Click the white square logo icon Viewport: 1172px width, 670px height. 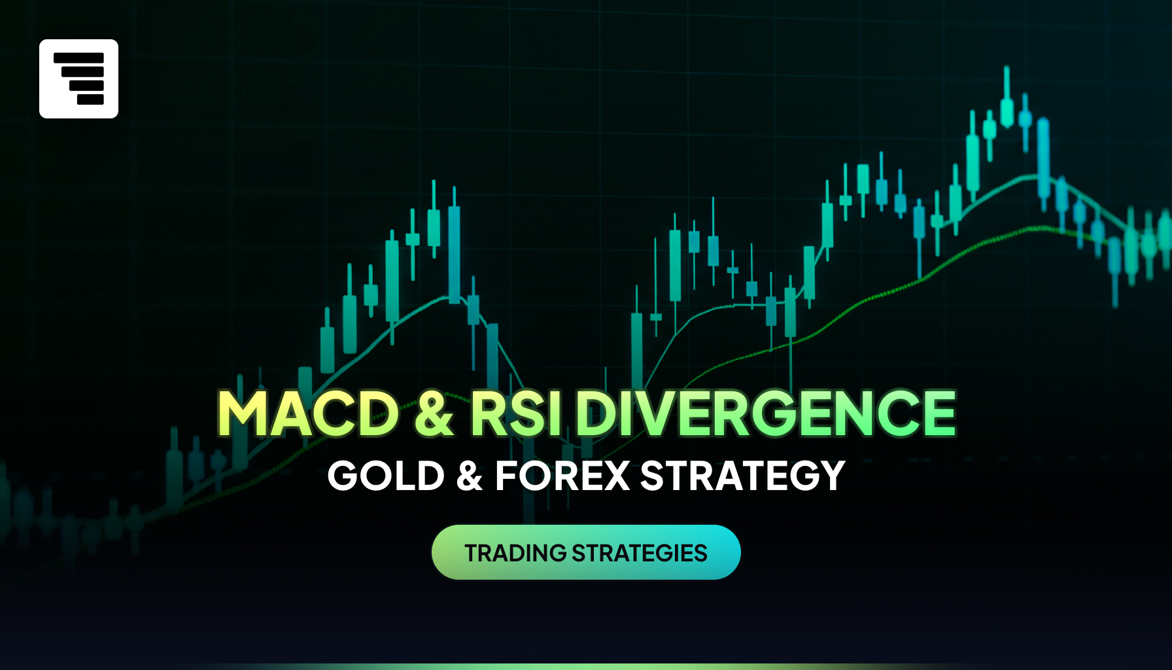tap(78, 79)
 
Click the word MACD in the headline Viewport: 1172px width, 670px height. tap(308, 413)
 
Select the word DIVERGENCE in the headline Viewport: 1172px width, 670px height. tap(766, 413)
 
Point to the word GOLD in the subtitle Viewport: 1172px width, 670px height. tap(386, 476)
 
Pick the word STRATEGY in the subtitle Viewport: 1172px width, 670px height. tap(743, 476)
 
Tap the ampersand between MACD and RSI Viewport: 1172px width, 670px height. tap(434, 413)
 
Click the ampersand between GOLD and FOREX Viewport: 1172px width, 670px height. tap(470, 476)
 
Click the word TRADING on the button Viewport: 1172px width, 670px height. tap(515, 553)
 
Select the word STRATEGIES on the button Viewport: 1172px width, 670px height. tap(640, 553)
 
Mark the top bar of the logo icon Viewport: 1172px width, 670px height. tap(78, 58)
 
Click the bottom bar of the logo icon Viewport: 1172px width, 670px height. tap(90, 99)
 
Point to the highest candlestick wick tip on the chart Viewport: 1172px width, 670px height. tap(1007, 66)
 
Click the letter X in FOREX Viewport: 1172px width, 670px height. tap(615, 476)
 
